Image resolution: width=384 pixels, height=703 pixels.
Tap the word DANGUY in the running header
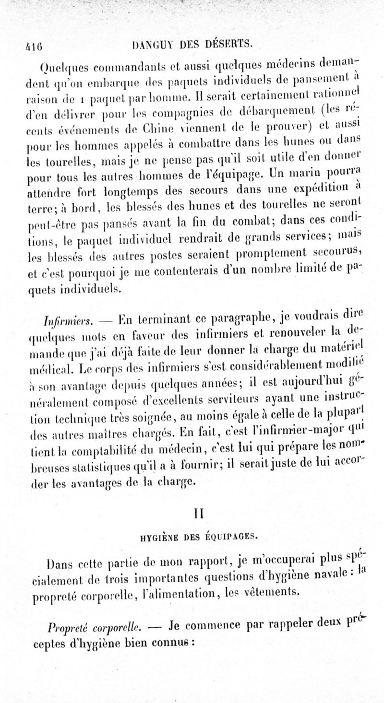(x=147, y=46)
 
